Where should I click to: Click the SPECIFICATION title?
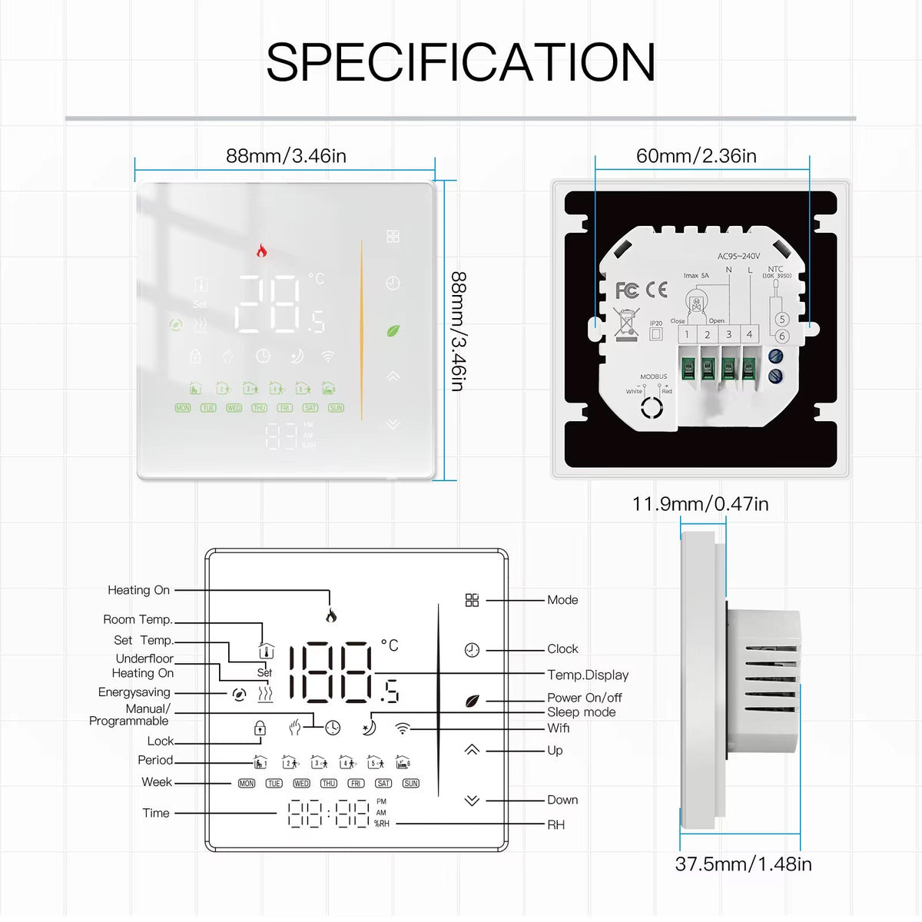tap(461, 62)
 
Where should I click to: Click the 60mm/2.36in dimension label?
tap(696, 156)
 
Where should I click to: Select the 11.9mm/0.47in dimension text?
tap(700, 504)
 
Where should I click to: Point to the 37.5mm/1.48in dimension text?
tap(743, 864)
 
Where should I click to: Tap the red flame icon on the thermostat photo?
tap(262, 250)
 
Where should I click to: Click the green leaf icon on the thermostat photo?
tap(393, 331)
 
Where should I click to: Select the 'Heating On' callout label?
tap(138, 590)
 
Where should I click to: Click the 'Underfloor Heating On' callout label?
tap(144, 665)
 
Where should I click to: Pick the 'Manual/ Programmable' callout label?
tap(129, 715)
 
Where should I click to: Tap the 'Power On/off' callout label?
tap(584, 698)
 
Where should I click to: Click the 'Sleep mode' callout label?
tap(581, 712)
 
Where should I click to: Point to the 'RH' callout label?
tap(556, 824)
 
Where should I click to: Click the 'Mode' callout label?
tap(562, 600)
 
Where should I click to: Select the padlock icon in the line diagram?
tap(260, 728)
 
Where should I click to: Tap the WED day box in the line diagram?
tap(301, 783)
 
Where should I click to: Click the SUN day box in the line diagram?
tap(411, 783)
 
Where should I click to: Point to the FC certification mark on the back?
tap(627, 290)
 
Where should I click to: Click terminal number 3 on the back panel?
tap(728, 334)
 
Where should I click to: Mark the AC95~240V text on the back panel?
tap(738, 256)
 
